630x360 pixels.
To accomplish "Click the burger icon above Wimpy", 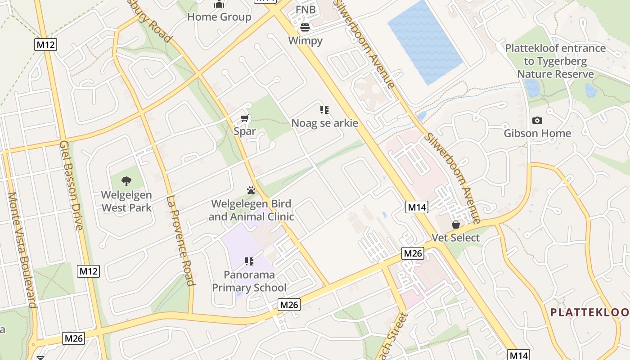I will tap(305, 27).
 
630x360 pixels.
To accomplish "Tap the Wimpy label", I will tap(305, 41).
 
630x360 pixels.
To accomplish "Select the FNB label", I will tap(306, 9).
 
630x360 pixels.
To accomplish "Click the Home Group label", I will tap(219, 17).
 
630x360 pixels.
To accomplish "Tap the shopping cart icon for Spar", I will tap(244, 118).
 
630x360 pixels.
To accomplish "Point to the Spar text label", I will tap(244, 131).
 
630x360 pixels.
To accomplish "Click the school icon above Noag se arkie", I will tap(324, 109).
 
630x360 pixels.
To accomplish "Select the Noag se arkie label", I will tap(324, 123).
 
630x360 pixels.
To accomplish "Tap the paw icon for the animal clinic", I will tap(251, 190).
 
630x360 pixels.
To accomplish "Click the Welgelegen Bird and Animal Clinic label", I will tap(251, 210).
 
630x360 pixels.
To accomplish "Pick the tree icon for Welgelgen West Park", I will tap(126, 181).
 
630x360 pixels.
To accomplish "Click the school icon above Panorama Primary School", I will tap(249, 261).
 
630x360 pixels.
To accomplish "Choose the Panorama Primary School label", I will tap(249, 281).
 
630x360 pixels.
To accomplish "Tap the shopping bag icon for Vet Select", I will tap(456, 224).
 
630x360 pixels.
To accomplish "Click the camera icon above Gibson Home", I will tap(537, 120).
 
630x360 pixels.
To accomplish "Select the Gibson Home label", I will tap(537, 133).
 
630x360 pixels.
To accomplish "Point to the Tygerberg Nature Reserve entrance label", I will tap(555, 61).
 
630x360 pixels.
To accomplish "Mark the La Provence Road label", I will tap(180, 241).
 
